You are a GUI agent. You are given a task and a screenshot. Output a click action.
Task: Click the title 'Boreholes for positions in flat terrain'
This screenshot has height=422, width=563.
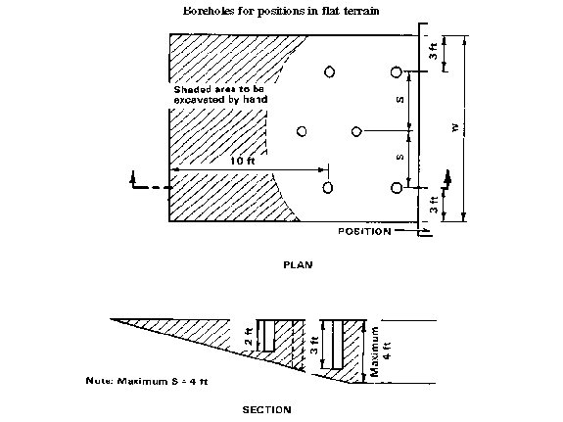click(281, 11)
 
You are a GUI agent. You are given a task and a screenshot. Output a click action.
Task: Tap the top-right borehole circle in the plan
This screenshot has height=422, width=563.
click(396, 71)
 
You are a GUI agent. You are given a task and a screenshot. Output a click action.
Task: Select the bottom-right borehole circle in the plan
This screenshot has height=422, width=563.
click(396, 188)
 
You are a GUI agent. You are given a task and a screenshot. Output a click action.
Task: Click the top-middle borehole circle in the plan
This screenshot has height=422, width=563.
click(330, 71)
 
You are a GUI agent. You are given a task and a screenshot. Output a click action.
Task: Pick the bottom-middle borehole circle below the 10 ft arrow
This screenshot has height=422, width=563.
click(328, 187)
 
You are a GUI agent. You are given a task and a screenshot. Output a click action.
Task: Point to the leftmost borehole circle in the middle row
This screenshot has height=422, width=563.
click(302, 131)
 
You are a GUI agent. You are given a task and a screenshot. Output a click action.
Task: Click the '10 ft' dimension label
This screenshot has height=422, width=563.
click(243, 161)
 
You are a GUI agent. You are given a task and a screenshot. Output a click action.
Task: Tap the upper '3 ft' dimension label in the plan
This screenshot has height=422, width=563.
click(434, 51)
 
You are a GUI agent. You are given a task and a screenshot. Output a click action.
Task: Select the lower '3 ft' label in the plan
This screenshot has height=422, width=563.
click(434, 205)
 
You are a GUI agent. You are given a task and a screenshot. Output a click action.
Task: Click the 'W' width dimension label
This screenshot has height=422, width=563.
click(455, 127)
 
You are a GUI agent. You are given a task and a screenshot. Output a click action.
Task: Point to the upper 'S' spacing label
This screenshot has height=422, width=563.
click(400, 100)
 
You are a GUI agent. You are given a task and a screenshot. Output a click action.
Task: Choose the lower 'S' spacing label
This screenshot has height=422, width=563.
click(400, 157)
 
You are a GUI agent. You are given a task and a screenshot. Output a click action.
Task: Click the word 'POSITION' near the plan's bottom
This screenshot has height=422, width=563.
click(364, 232)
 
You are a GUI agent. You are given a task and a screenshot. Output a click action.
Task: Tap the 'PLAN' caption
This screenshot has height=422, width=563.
click(298, 265)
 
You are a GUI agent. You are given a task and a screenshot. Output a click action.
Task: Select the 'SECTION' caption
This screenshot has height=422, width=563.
click(266, 410)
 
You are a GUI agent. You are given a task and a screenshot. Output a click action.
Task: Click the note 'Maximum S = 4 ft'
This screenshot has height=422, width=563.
click(147, 381)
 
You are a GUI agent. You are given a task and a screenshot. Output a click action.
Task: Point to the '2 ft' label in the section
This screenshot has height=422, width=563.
click(249, 337)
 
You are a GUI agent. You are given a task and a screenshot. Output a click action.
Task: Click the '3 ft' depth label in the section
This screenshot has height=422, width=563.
click(314, 346)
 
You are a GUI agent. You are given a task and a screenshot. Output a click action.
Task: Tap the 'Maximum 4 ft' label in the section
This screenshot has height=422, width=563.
click(381, 352)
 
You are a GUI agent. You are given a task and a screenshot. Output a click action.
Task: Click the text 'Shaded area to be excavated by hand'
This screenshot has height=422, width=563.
click(220, 94)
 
